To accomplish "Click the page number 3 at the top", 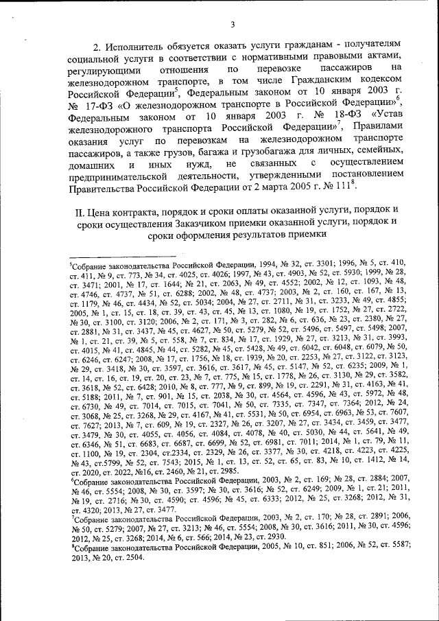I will [233, 25].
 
